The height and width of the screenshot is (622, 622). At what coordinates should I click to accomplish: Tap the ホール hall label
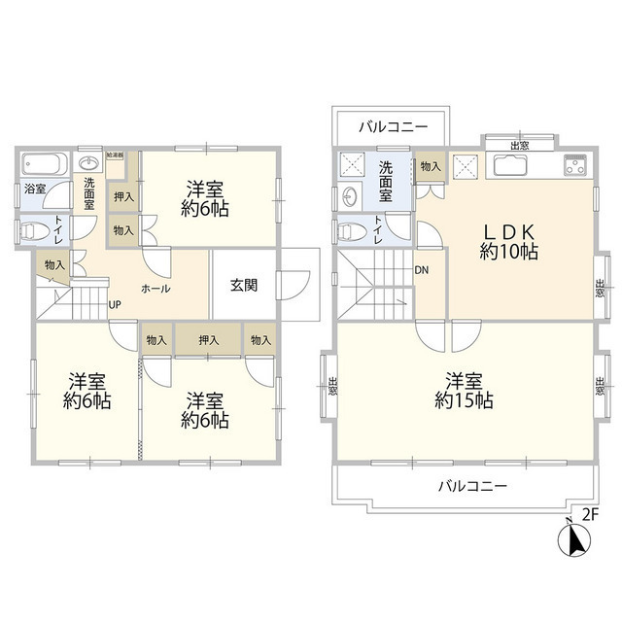coord(156,289)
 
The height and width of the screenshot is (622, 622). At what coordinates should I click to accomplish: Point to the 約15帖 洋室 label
coord(465,390)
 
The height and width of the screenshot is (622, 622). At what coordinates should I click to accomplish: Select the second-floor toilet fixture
coord(353,231)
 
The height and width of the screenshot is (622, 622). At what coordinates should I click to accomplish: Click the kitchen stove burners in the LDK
coord(573,165)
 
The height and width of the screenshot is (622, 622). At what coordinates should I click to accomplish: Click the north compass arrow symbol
coord(572,539)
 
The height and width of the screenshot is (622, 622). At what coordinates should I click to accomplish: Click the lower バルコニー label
coord(471,484)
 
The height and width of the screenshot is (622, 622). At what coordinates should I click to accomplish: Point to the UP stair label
coord(115,305)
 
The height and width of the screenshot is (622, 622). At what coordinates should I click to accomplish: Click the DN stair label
coord(424,271)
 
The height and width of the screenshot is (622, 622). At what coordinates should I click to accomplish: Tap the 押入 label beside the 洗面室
coord(123,197)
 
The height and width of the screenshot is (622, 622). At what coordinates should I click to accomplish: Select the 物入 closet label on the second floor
coord(431,167)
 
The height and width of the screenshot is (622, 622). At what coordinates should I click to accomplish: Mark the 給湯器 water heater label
coord(116,155)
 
